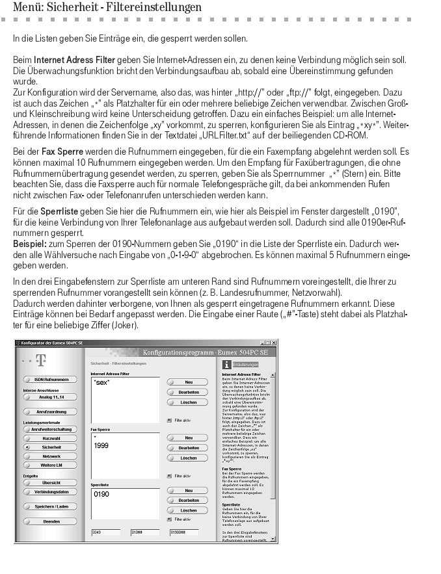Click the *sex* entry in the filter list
tap(101, 384)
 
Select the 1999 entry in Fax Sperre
tap(101, 446)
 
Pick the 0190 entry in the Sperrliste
tap(101, 495)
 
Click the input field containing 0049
tap(105, 532)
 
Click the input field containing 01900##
tap(183, 532)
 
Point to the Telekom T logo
tap(40, 359)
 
